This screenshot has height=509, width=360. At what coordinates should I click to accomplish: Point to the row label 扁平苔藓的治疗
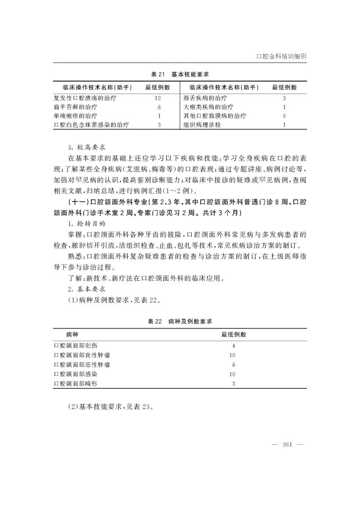click(x=75, y=107)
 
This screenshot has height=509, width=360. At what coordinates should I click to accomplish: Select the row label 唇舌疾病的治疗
click(x=205, y=98)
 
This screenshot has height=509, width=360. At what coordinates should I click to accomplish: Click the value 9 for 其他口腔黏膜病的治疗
click(x=284, y=116)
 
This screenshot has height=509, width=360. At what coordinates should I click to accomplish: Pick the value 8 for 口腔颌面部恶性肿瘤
click(x=234, y=365)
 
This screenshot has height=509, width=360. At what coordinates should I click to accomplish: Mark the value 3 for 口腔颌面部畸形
click(x=234, y=384)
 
